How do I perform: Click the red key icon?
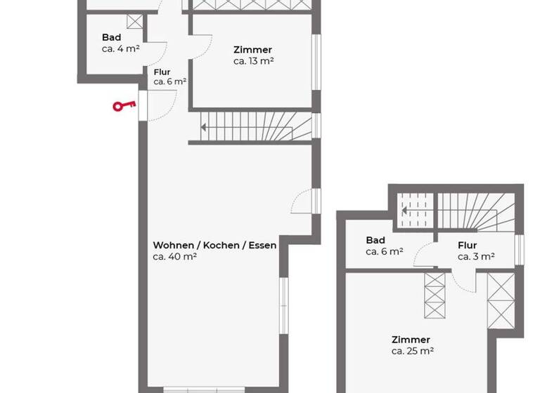(x=124, y=107)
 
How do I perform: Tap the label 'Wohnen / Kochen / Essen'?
(x=214, y=245)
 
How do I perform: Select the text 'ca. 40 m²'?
(x=174, y=257)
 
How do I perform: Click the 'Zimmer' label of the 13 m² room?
(x=252, y=50)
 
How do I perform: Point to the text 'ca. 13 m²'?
(x=253, y=61)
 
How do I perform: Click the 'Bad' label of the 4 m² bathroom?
(x=111, y=37)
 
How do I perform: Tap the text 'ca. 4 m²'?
(x=120, y=48)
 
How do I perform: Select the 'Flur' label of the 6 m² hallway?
(x=162, y=71)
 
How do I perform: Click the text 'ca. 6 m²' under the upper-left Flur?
(x=169, y=81)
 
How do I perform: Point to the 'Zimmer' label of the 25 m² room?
(x=411, y=340)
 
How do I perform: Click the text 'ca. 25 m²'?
(x=412, y=351)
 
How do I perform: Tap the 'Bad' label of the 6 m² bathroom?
(x=375, y=240)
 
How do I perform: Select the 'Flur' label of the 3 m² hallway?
(x=467, y=246)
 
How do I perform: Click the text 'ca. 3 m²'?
(x=476, y=257)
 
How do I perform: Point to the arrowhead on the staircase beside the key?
(x=203, y=128)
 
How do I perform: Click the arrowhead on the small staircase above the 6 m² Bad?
(x=404, y=209)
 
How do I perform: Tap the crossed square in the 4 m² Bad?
(x=134, y=22)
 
